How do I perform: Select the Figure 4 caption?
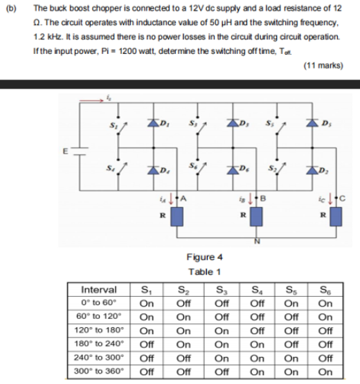click(204, 257)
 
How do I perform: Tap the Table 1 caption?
click(204, 271)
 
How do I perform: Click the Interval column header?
click(99, 290)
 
